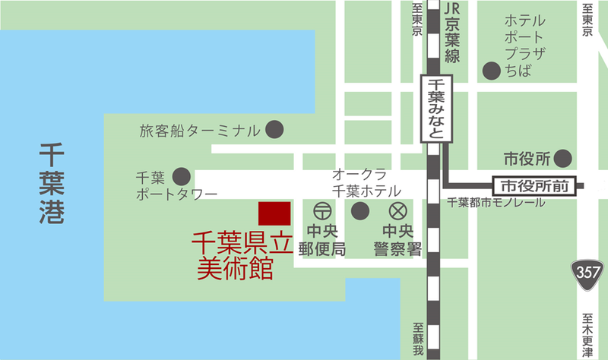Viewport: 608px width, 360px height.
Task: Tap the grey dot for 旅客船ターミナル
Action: [274, 130]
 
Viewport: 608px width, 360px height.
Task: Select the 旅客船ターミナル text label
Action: [200, 131]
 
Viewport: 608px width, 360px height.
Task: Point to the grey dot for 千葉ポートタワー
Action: [182, 175]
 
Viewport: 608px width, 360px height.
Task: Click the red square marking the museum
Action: [274, 214]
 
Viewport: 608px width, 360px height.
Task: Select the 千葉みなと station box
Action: [436, 108]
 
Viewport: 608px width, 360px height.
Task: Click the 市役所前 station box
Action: [535, 185]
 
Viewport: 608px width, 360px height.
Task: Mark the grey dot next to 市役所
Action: [562, 159]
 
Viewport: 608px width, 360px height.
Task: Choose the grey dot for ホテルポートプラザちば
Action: [492, 71]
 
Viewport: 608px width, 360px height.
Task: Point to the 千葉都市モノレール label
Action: [495, 203]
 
